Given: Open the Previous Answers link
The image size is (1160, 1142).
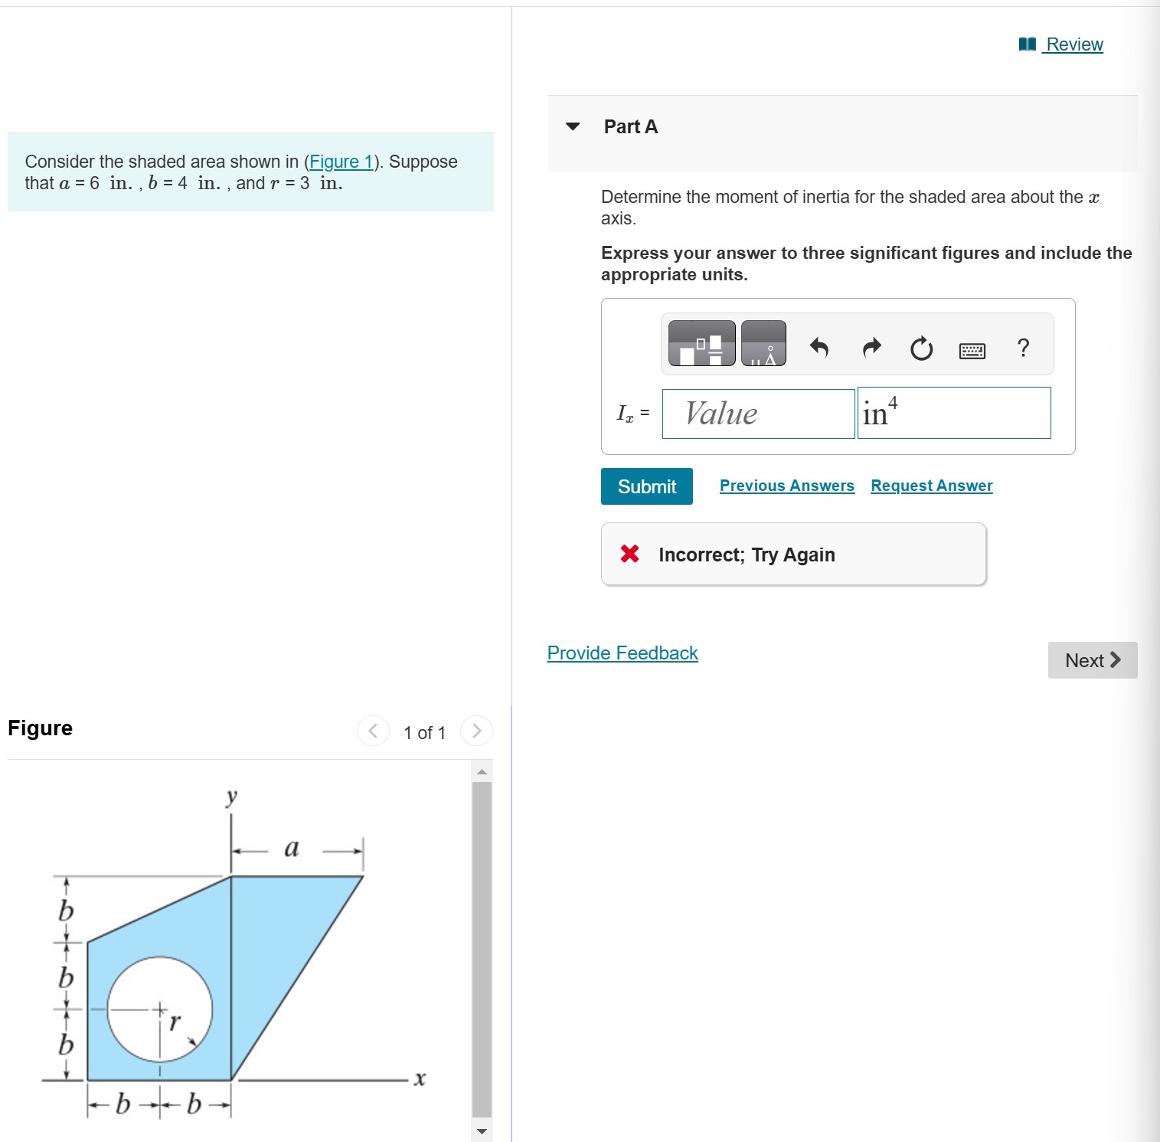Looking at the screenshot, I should (786, 486).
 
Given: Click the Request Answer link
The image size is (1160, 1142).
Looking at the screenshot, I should (931, 486).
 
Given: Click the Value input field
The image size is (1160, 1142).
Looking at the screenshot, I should (758, 414).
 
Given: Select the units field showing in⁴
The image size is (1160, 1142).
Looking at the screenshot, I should (953, 414).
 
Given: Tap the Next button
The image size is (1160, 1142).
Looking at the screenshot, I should (1092, 660).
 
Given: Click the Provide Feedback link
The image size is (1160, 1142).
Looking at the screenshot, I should (622, 653).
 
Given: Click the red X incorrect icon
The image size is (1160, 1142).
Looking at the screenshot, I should (629, 554).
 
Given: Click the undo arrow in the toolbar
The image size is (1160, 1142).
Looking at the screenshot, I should (819, 348).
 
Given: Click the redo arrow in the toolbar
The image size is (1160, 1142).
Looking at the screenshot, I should (871, 348).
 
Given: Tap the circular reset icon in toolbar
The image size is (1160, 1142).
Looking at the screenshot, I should (921, 349).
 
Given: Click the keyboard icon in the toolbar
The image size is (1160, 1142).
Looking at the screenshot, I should (972, 351).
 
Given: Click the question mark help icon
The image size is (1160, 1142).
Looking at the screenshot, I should (1023, 348).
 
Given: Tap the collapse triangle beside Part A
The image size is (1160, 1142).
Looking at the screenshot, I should (573, 126).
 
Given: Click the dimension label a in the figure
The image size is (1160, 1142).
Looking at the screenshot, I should (292, 848).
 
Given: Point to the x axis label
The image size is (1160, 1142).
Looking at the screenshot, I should (419, 1079).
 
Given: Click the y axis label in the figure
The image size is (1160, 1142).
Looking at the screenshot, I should (231, 797).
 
